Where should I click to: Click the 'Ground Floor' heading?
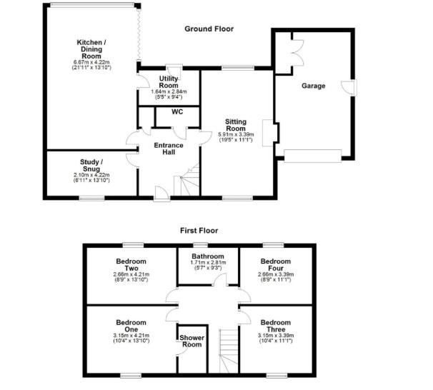tap(209, 29)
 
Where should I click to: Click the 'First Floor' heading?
tap(199, 231)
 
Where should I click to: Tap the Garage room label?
tap(312, 86)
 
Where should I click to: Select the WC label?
tap(178, 112)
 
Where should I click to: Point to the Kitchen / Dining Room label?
tap(91, 48)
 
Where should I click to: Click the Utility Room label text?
tap(169, 80)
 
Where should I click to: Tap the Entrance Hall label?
tap(169, 149)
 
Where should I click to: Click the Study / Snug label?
tap(92, 165)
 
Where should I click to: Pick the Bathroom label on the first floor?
tap(207, 256)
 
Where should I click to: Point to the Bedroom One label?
tap(131, 326)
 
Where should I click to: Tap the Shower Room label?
tap(190, 339)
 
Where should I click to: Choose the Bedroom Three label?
tap(275, 326)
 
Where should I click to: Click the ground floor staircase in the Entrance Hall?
tap(189, 181)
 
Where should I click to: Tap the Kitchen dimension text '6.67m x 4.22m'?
tap(91, 62)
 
